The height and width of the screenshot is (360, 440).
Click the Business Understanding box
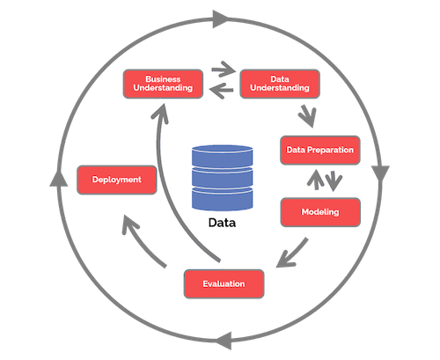[163, 83]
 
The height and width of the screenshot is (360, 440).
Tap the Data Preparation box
[319, 150]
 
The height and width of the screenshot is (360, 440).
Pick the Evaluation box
[225, 283]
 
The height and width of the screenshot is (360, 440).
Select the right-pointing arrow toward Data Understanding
[222, 69]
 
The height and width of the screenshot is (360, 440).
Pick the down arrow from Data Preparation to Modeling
[336, 182]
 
